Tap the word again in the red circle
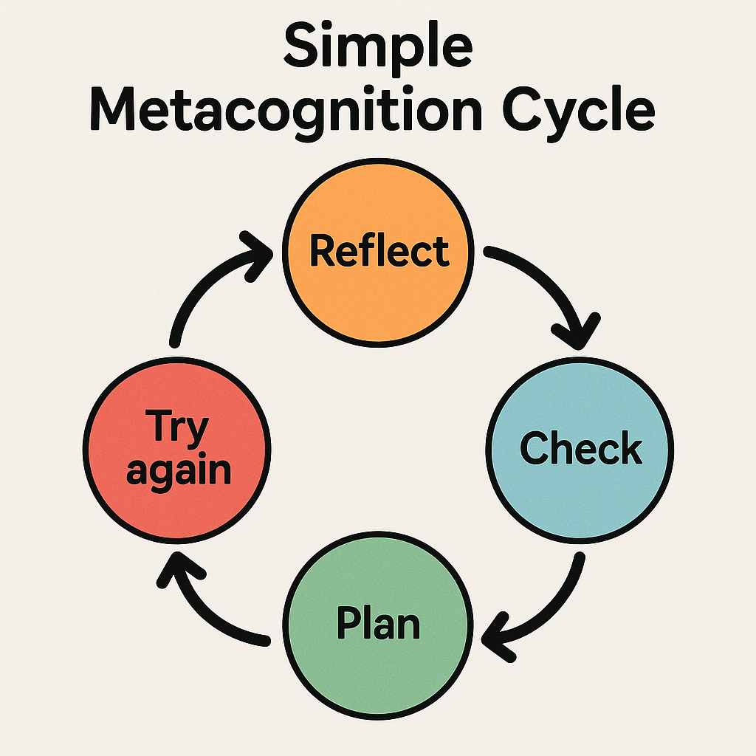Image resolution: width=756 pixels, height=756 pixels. (x=177, y=470)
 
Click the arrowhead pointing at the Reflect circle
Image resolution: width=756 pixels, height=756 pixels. (x=258, y=251)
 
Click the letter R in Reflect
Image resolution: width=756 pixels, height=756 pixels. (x=322, y=251)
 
